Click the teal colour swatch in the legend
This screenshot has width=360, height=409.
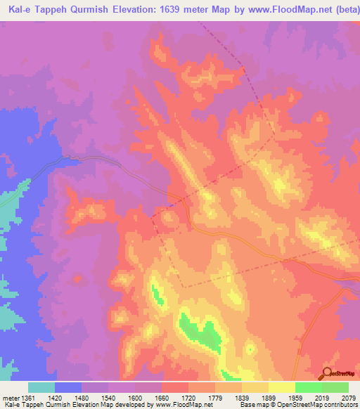point(41,387)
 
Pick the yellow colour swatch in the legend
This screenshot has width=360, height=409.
point(282,387)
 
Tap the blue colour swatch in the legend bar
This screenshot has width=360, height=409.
point(68,387)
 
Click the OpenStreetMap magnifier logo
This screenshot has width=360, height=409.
point(326,373)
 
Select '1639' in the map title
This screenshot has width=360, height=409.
point(173,9)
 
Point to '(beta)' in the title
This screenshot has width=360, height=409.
point(340,9)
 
